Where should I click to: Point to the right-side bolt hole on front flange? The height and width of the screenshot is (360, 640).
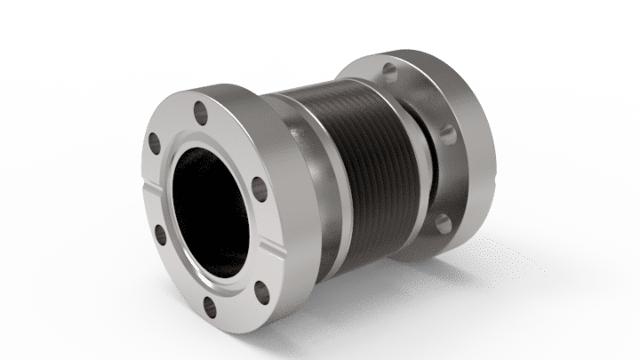coord(259,187)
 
